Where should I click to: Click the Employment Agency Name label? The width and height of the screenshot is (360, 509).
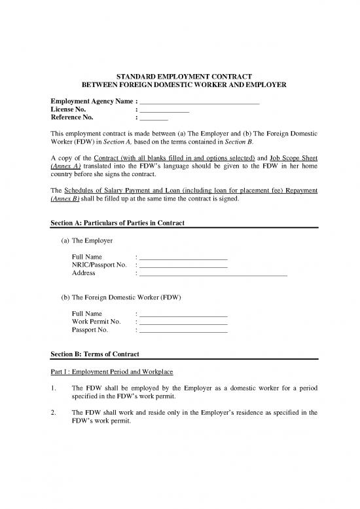tap(91, 101)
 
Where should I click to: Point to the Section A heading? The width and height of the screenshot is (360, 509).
tap(117, 223)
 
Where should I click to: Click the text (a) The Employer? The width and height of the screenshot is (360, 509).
tap(88, 241)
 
